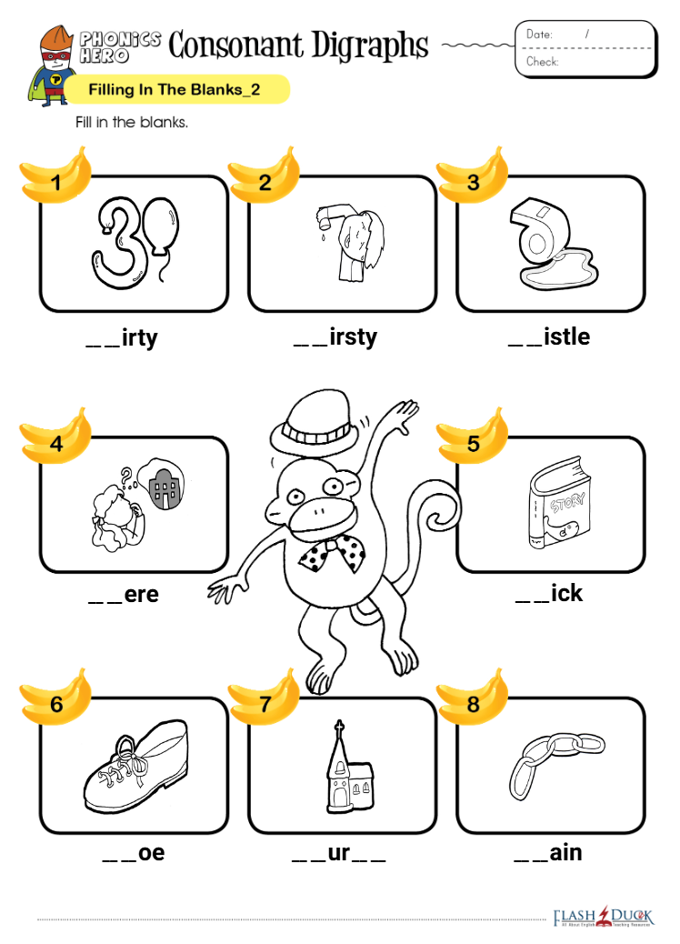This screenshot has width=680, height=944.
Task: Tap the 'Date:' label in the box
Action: tap(539, 35)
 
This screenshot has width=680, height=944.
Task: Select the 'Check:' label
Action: tap(542, 62)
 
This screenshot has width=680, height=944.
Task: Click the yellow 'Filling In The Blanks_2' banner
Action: tap(176, 90)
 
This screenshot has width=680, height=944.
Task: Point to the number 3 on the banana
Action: tap(473, 182)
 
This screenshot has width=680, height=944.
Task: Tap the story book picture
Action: tap(560, 502)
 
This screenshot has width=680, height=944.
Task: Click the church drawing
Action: tap(349, 767)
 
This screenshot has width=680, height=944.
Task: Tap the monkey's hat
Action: tap(315, 417)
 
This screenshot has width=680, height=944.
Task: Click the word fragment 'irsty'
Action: tap(354, 337)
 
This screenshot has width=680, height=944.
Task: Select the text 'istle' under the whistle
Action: tap(566, 336)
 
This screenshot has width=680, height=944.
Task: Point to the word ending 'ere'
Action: tap(142, 594)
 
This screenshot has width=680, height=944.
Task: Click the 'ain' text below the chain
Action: tap(565, 852)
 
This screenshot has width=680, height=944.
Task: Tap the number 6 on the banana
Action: tap(56, 704)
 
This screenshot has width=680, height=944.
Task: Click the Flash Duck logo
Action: tap(603, 917)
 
